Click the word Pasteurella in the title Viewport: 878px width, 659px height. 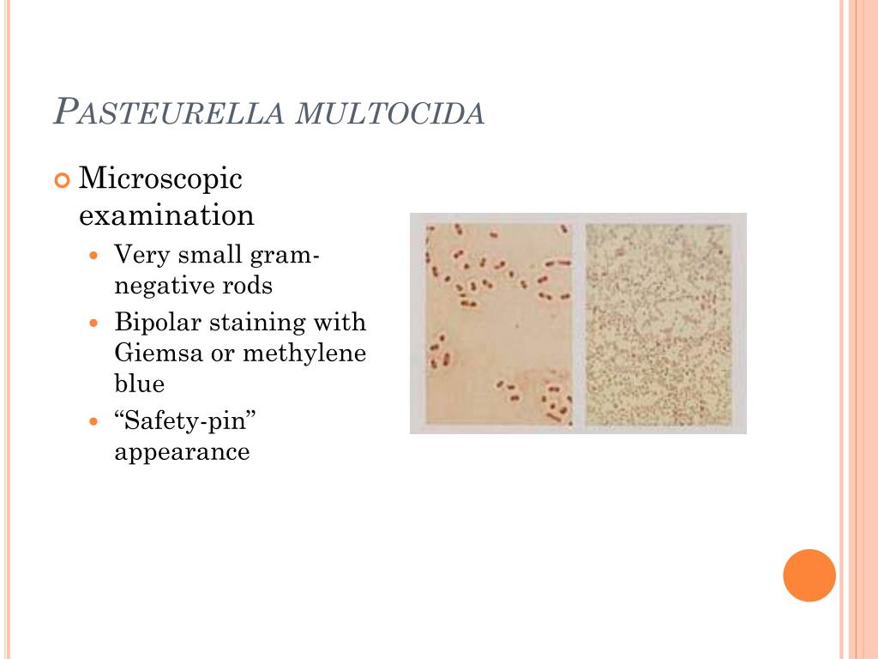[x=169, y=112]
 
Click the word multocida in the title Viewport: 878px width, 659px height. [x=390, y=113]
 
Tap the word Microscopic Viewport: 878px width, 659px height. [x=160, y=179]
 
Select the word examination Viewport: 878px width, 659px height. [x=166, y=215]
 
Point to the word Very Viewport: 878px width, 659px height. [x=140, y=255]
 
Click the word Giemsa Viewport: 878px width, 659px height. [x=158, y=353]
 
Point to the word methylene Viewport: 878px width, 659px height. [x=304, y=353]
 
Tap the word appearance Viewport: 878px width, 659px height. [x=182, y=451]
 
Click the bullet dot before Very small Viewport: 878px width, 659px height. [x=95, y=256]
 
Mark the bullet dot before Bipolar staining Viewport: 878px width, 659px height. [x=95, y=324]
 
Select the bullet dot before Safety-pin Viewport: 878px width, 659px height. [x=95, y=422]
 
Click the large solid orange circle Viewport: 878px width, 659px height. [x=809, y=575]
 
